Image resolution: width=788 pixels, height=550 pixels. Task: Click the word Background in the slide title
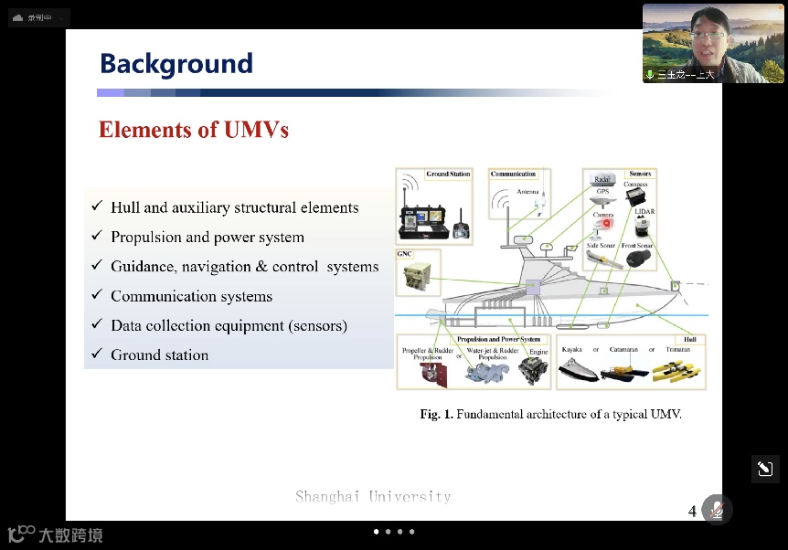[x=176, y=64]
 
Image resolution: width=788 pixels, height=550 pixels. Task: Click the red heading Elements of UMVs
[x=194, y=130]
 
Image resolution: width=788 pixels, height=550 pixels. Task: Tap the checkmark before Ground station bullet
[x=97, y=354]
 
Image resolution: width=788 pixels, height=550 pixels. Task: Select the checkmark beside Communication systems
[x=97, y=296]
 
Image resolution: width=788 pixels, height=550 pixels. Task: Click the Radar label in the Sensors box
[x=602, y=180]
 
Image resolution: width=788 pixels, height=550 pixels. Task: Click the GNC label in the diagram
[x=405, y=254]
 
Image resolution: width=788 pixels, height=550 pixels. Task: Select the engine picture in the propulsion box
[x=533, y=370]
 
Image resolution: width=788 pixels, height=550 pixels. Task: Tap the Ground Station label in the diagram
[x=448, y=174]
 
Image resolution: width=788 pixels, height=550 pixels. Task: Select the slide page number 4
[x=692, y=511]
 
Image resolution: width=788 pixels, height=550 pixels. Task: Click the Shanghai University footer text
[x=373, y=497]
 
